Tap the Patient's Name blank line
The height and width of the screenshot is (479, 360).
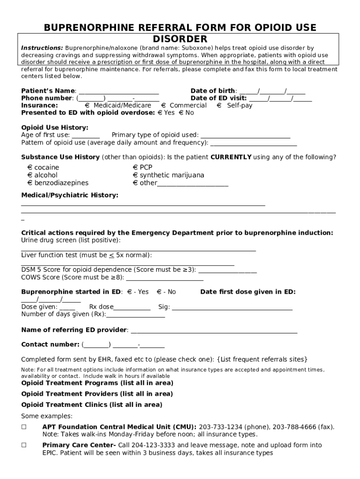coord(119,91)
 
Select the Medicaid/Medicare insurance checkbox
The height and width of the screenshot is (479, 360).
coord(87,106)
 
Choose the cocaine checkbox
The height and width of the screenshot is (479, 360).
coord(29,167)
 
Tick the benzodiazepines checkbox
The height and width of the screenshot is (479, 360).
coord(29,183)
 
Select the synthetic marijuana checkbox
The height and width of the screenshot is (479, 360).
coord(135,175)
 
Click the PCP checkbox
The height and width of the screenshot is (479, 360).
coord(135,167)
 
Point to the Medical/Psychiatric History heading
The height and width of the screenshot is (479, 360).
coord(70,195)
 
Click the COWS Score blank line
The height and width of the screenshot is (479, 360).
coord(165,278)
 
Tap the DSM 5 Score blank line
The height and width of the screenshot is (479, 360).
coord(228,270)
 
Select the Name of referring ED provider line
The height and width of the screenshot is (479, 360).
coord(214,331)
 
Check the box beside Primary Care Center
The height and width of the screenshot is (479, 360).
coord(24,445)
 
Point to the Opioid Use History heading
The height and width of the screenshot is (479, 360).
coord(55,128)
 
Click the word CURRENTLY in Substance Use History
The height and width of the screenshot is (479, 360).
coord(231,157)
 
